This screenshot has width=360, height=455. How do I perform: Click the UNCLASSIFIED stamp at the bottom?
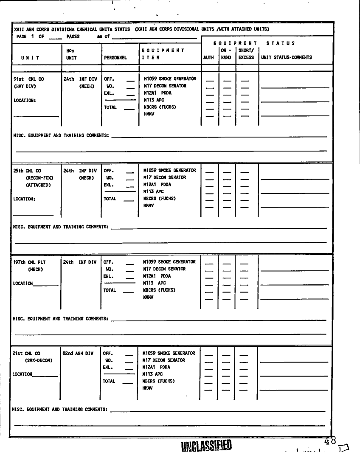coord(206,446)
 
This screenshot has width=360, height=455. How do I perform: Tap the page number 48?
coord(330,441)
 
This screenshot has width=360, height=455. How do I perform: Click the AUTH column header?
coord(208,57)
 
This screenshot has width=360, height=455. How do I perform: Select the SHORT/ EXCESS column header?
coord(246,53)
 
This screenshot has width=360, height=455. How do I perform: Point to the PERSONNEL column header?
coord(115,57)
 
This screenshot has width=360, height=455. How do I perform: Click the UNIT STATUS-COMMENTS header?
coord(287,57)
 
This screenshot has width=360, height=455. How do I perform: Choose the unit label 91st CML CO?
coord(29,79)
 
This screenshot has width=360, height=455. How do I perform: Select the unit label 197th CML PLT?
coord(29,262)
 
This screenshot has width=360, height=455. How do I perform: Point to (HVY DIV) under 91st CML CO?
coord(25,86)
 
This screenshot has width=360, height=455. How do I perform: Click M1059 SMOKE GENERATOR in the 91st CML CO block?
coord(170,79)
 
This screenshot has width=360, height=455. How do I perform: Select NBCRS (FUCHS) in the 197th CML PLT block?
coord(159,290)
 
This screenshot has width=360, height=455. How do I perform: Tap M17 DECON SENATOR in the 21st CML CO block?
coord(164,360)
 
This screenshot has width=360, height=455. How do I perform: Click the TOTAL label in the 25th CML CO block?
coord(110,199)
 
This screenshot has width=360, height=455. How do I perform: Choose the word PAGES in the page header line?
coord(73,37)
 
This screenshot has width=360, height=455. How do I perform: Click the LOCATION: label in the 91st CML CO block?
coord(25,101)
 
